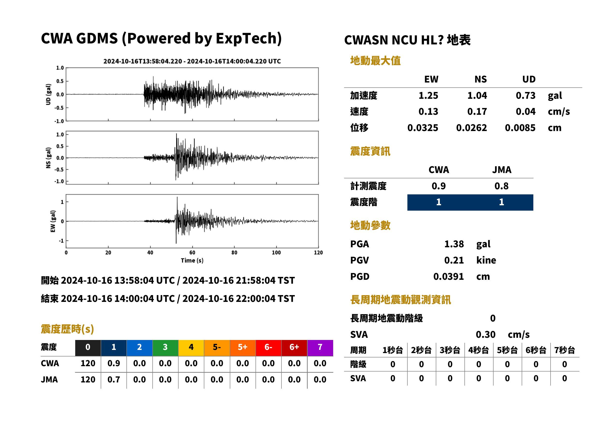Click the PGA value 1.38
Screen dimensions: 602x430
pyautogui.click(x=454, y=244)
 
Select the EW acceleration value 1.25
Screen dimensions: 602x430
pyautogui.click(x=428, y=95)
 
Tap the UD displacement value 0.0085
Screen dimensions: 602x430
pyautogui.click(x=520, y=128)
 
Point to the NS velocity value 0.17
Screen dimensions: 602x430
pyautogui.click(x=477, y=111)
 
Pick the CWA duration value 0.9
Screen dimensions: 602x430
pyautogui.click(x=114, y=363)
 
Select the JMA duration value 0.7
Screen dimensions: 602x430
pyautogui.click(x=114, y=380)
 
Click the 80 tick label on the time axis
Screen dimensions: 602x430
pyautogui.click(x=234, y=253)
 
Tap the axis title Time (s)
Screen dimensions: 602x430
pyautogui.click(x=192, y=261)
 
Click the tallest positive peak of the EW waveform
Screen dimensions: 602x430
pyautogui.click(x=177, y=197)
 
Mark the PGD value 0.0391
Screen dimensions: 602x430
pyautogui.click(x=448, y=276)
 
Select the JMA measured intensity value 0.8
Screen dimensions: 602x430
pyautogui.click(x=501, y=186)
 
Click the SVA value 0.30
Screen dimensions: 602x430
pyautogui.click(x=485, y=334)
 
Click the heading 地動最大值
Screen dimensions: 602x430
pyautogui.click(x=375, y=61)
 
